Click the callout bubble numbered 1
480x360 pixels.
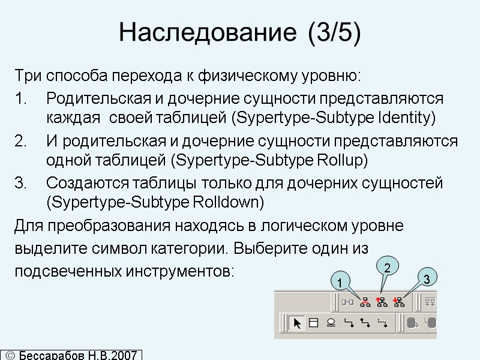[x=339, y=281]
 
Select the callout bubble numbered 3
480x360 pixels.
[x=425, y=279]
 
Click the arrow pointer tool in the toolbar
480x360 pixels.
[x=296, y=323]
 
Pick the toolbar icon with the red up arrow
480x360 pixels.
[x=382, y=302]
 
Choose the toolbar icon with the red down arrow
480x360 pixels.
[x=399, y=302]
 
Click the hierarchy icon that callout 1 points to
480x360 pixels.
[x=364, y=302]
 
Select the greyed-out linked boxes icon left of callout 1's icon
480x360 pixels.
[x=347, y=302]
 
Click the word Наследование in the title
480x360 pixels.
[x=198, y=33]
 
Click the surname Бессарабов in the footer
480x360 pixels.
[x=54, y=355]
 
